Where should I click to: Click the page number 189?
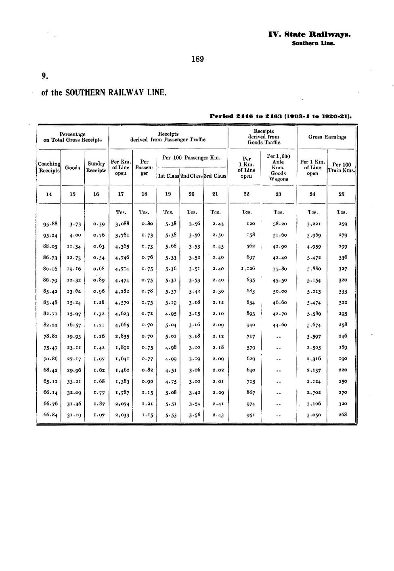(x=197, y=59)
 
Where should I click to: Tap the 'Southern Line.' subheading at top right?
(x=313, y=43)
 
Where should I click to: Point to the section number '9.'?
(x=45, y=76)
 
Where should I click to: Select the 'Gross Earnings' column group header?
(x=327, y=137)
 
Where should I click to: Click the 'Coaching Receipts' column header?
(x=49, y=167)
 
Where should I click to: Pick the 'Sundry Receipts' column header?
(x=96, y=167)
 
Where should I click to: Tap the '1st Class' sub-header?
(x=168, y=176)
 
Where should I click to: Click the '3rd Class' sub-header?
(x=215, y=176)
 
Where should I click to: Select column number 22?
(x=246, y=194)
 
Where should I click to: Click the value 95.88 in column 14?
(x=50, y=224)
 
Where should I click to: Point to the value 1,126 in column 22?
(x=248, y=269)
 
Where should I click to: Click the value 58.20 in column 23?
(x=279, y=224)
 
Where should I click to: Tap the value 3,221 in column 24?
(x=313, y=224)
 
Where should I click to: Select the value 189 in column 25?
(x=342, y=347)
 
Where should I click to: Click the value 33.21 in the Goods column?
(x=74, y=381)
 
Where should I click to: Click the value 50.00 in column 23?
(x=279, y=291)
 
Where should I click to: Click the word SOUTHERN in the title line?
(x=84, y=92)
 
